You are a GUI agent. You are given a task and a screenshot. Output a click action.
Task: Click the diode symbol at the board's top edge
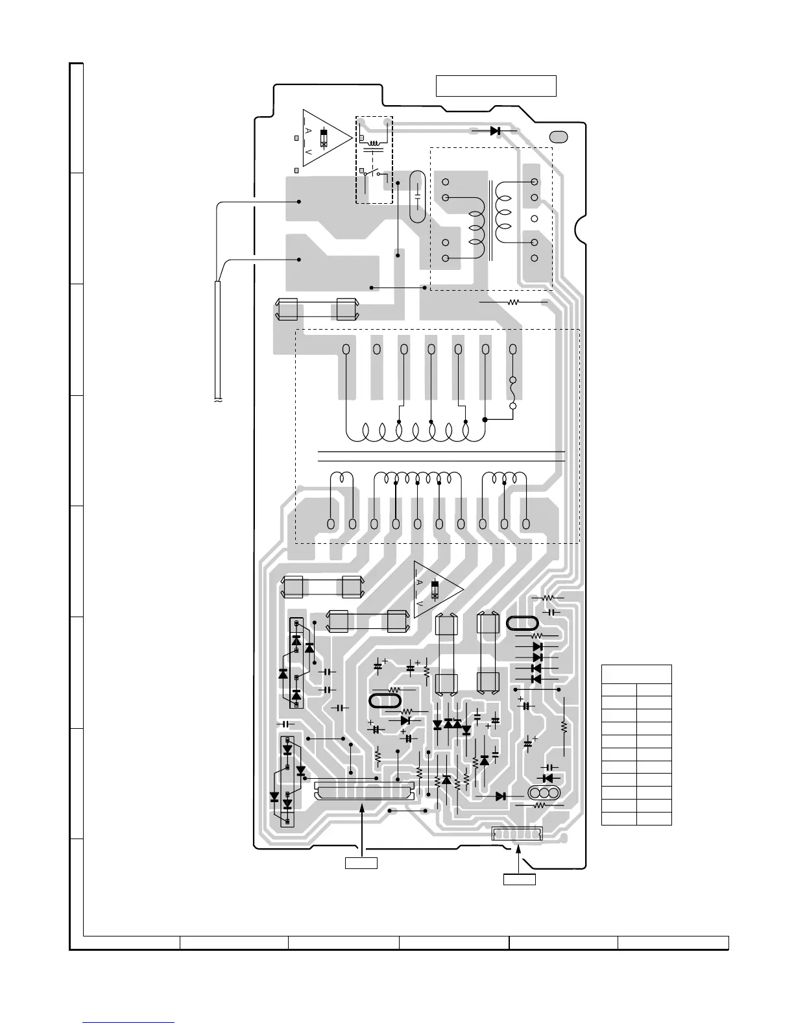496,131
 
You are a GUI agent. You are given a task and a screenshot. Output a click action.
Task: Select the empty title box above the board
496,86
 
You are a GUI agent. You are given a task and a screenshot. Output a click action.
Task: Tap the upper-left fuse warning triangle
325,137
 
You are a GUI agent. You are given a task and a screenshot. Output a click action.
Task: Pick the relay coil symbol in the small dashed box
374,142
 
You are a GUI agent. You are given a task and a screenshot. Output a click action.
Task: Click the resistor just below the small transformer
513,302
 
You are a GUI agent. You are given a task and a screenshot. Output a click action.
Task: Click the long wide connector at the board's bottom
364,790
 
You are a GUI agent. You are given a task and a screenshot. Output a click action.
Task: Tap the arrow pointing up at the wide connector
361,831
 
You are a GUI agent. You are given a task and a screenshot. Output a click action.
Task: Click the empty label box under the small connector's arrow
520,879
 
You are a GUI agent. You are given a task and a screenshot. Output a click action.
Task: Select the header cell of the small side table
636,674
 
